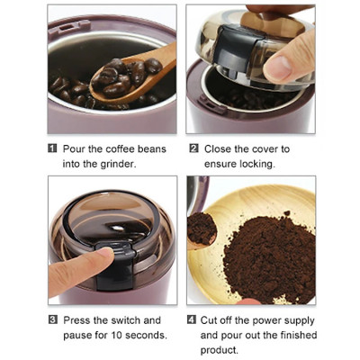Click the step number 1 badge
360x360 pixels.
(52, 148)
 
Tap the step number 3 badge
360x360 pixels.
(52, 319)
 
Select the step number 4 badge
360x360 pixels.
(193, 319)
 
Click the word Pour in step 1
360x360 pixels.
(75, 148)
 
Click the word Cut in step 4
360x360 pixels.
(213, 319)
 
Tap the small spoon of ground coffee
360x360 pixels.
(202, 228)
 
